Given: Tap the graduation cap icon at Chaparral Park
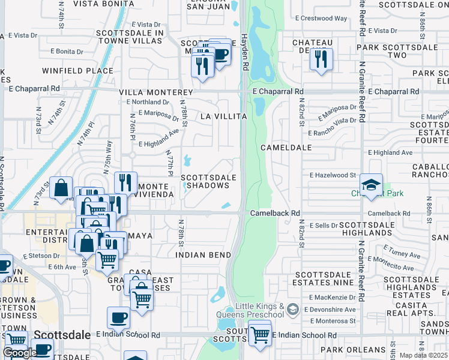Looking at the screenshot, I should click(371, 184).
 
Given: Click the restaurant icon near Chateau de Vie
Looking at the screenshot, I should click(322, 59).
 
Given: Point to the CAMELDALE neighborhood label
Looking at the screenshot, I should click(286, 147).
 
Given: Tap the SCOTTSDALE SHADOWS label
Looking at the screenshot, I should click(205, 181).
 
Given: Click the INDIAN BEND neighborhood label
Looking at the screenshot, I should click(203, 255).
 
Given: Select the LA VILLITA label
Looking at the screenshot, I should click(224, 116).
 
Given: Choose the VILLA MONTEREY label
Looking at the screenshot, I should click(156, 93).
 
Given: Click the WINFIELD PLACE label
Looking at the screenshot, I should click(77, 71).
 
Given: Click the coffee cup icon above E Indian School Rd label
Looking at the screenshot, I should click(118, 317).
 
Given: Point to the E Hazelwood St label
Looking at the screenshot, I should click(333, 175).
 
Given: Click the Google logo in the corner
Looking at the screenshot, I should click(20, 353).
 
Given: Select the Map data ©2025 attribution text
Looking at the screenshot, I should click(423, 355).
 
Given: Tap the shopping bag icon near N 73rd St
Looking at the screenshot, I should click(61, 187).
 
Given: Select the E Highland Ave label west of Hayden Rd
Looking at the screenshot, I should click(159, 143).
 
